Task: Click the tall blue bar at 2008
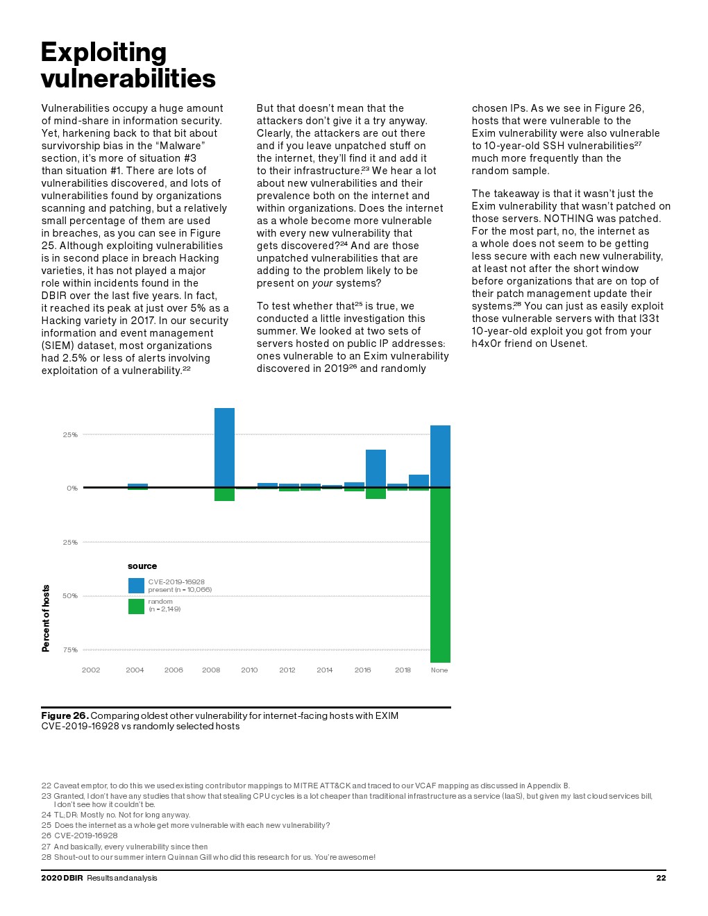pyautogui.click(x=224, y=448)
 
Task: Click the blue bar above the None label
pyautogui.click(x=440, y=456)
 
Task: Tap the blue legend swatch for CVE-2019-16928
pyautogui.click(x=136, y=586)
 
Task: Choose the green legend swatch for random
pyautogui.click(x=136, y=606)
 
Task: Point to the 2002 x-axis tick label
pyautogui.click(x=91, y=670)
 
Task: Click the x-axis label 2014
pyautogui.click(x=324, y=670)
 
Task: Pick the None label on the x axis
pyautogui.click(x=439, y=670)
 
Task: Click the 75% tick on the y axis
pyautogui.click(x=70, y=650)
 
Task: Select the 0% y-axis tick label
pyautogui.click(x=72, y=488)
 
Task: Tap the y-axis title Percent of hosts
pyautogui.click(x=46, y=618)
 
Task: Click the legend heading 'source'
pyautogui.click(x=142, y=566)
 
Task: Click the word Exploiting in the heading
pyautogui.click(x=103, y=52)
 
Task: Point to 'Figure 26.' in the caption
pyautogui.click(x=65, y=715)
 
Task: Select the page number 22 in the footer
pyautogui.click(x=661, y=878)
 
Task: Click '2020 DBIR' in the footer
pyautogui.click(x=62, y=878)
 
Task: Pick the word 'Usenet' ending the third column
pyautogui.click(x=568, y=343)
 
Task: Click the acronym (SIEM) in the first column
pyautogui.click(x=59, y=346)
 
